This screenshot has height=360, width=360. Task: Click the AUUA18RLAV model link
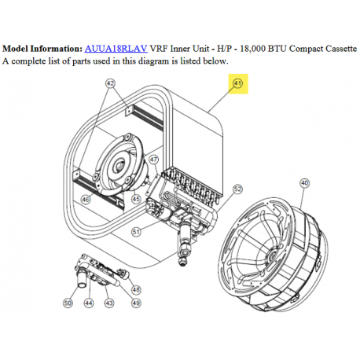pyautogui.click(x=116, y=49)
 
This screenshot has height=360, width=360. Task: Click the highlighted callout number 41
pyautogui.click(x=238, y=83)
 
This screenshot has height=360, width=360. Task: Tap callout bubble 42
pyautogui.click(x=110, y=83)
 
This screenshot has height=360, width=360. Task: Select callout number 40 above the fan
pyautogui.click(x=304, y=183)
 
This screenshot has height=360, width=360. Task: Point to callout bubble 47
pyautogui.click(x=154, y=160)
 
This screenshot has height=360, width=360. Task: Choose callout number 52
pyautogui.click(x=237, y=189)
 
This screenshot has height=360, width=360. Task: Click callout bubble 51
pyautogui.click(x=136, y=232)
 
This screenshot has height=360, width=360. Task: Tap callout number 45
pyautogui.click(x=136, y=199)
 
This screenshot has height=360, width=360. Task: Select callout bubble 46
pyautogui.click(x=86, y=200)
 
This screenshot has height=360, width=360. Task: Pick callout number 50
pyautogui.click(x=68, y=303)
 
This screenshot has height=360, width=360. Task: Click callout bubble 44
pyautogui.click(x=89, y=303)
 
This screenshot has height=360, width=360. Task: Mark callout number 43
pyautogui.click(x=109, y=303)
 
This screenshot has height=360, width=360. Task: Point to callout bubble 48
pyautogui.click(x=136, y=289)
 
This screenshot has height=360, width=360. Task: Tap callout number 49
pyautogui.click(x=136, y=303)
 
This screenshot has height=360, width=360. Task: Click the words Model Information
pyautogui.click(x=42, y=49)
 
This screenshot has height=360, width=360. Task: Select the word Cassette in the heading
pyautogui.click(x=341, y=49)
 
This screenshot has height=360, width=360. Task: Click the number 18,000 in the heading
pyautogui.click(x=252, y=49)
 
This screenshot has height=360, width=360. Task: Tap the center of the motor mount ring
pyautogui.click(x=119, y=165)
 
